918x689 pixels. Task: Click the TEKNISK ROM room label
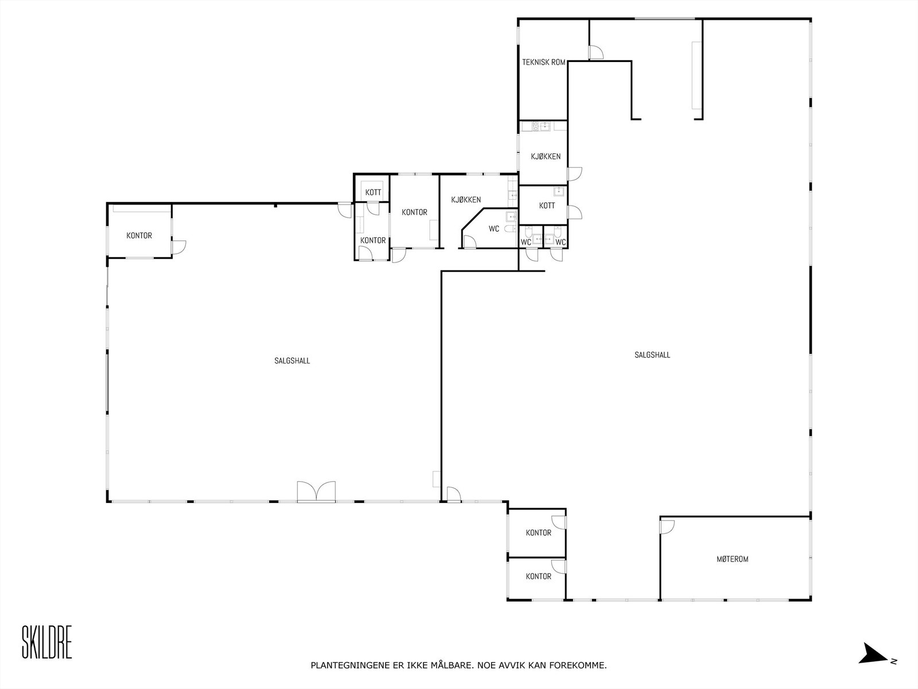tap(543, 62)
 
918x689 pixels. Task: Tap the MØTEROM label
tap(733, 559)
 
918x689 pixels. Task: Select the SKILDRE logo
tap(47, 642)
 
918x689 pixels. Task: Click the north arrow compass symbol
tap(876, 654)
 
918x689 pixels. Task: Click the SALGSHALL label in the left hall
tap(292, 361)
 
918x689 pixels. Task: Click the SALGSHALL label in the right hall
tap(652, 355)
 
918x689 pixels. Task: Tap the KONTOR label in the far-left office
tap(139, 235)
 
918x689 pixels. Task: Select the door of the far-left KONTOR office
tap(178, 247)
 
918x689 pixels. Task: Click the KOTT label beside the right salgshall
tap(547, 206)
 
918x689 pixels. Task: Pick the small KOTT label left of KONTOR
tap(373, 192)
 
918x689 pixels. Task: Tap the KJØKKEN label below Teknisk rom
tap(546, 156)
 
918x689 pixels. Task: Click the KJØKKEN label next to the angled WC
tap(466, 200)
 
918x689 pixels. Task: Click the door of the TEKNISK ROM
tap(596, 53)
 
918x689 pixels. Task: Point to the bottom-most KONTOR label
tap(538, 576)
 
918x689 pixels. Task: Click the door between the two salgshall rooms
tap(453, 494)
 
